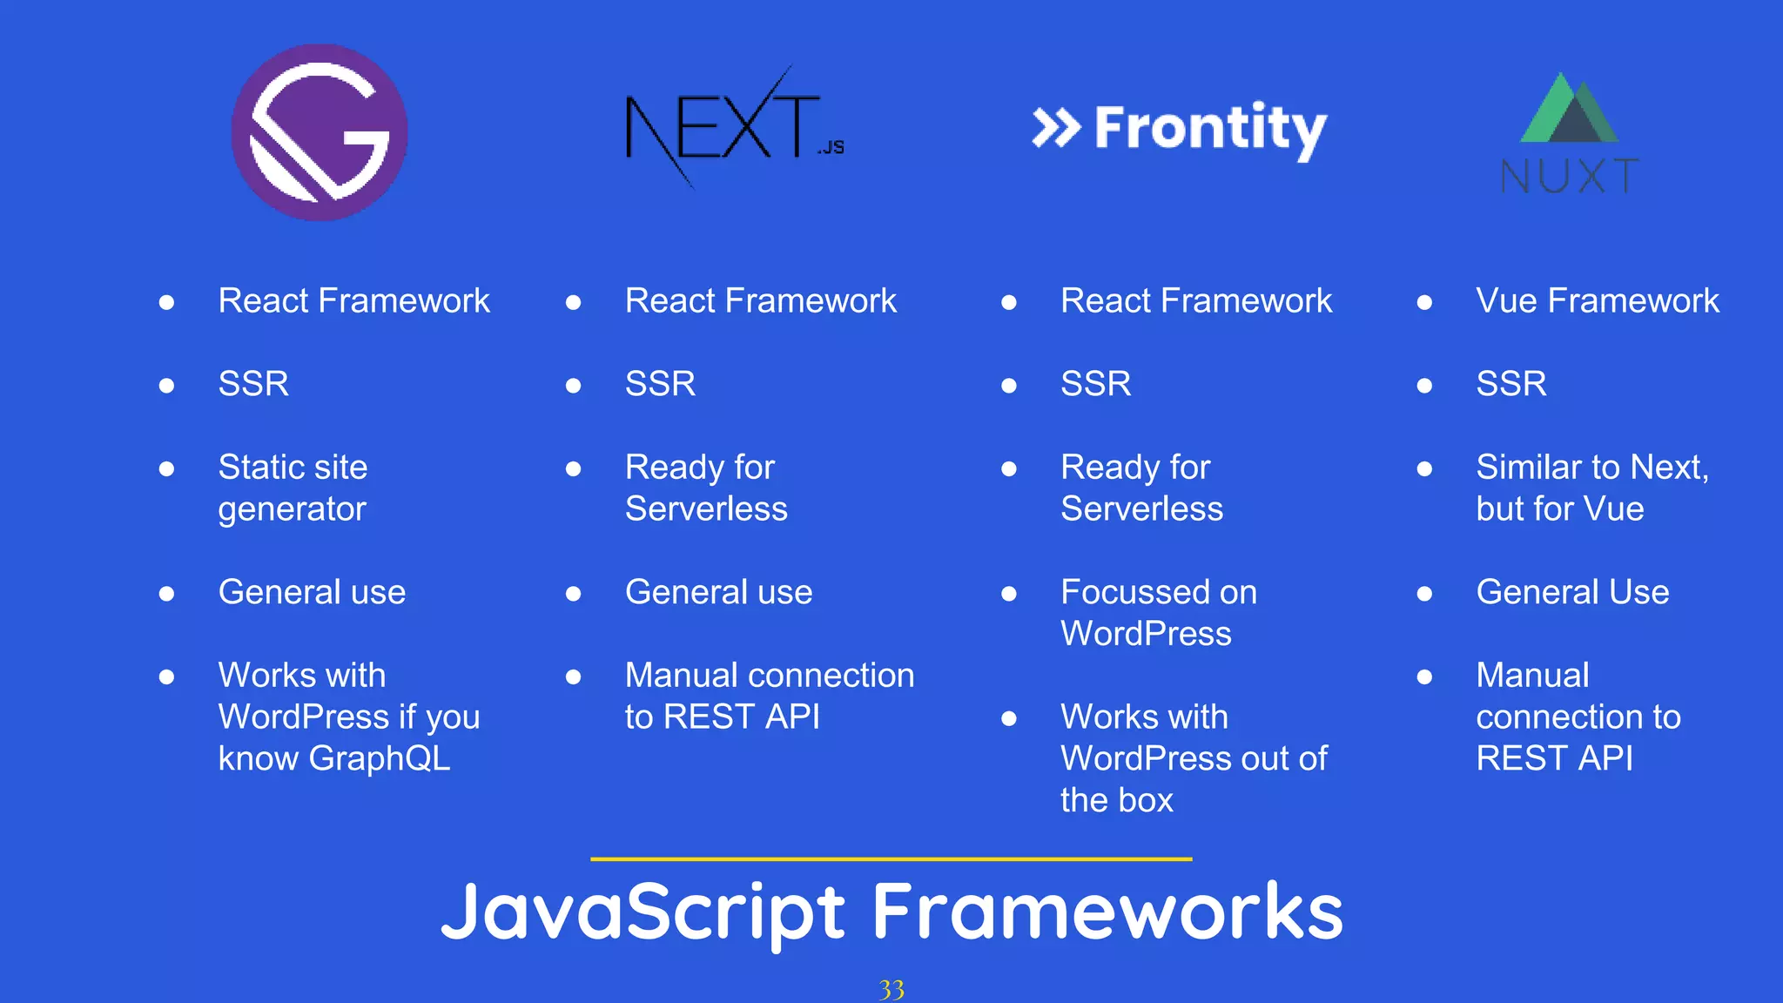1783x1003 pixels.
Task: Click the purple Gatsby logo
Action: coord(320,132)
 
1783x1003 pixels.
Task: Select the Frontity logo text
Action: coord(1210,129)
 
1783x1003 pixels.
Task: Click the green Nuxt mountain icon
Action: coord(1569,109)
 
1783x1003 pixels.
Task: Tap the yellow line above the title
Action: coord(891,859)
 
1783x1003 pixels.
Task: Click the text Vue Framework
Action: coord(1598,301)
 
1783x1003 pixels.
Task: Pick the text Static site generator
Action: coord(293,488)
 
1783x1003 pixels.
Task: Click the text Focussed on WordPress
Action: coord(1158,612)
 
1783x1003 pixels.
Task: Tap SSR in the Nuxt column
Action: coord(1511,384)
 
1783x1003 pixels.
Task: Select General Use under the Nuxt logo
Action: coord(1572,593)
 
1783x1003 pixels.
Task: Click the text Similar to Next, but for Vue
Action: coord(1591,488)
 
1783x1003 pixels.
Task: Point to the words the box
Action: coord(1117,800)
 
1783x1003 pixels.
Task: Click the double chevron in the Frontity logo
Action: coord(1056,129)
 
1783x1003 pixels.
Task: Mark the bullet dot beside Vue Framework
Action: coord(1424,303)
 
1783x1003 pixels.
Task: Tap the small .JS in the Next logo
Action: coord(831,148)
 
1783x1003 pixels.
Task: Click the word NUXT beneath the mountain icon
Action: coord(1570,177)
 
